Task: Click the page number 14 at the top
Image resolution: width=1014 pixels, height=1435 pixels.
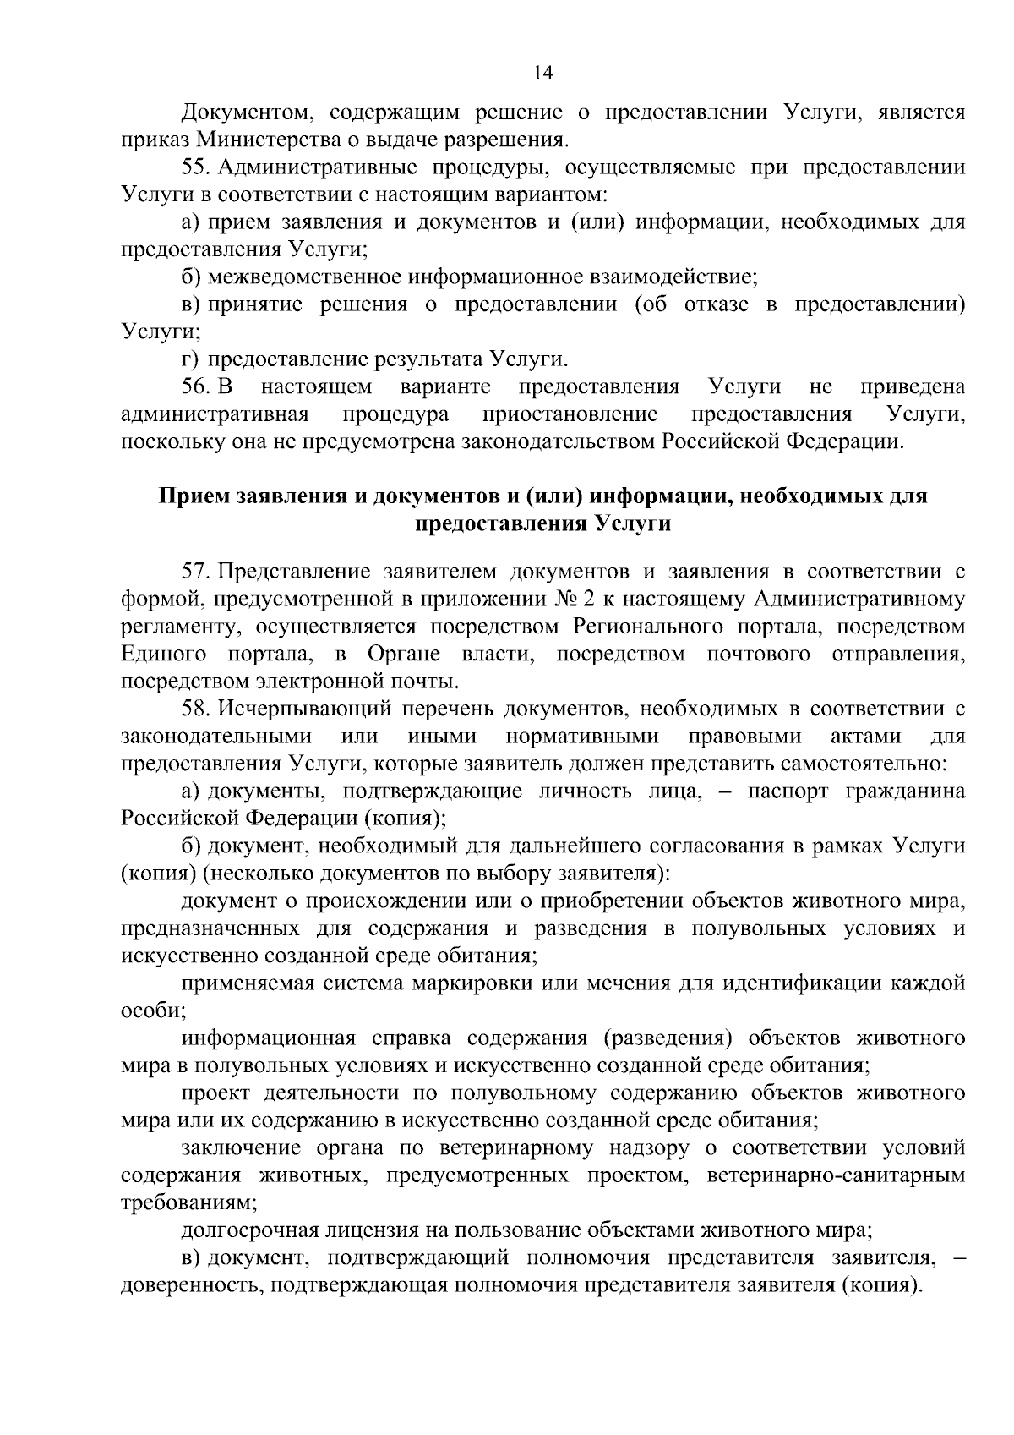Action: [x=543, y=74]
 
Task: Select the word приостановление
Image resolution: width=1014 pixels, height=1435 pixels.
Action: [x=570, y=414]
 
